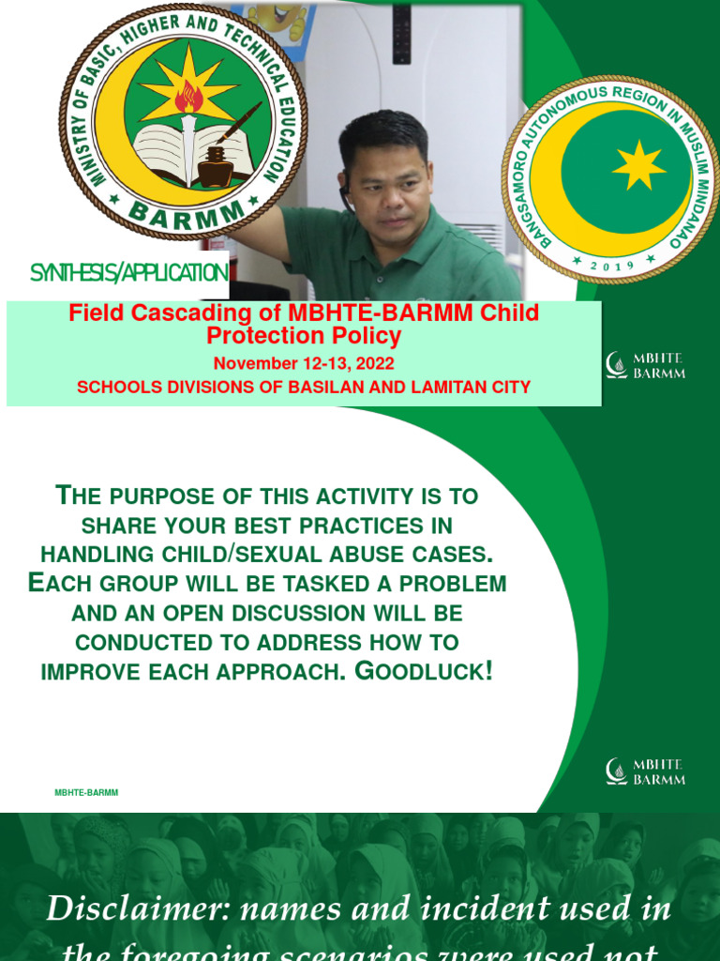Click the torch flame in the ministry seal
(x=189, y=96)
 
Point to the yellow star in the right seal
(x=639, y=165)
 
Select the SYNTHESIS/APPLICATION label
(x=129, y=273)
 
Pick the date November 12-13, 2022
(x=304, y=363)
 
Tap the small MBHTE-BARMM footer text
(x=86, y=793)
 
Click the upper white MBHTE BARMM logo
(x=645, y=365)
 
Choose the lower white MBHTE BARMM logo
(x=645, y=771)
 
